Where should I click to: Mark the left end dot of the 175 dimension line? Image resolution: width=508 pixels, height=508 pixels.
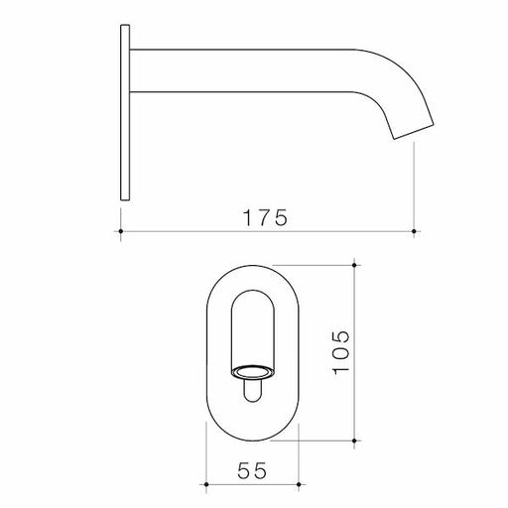(x=120, y=231)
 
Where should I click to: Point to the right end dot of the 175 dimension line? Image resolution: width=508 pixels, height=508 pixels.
(x=414, y=231)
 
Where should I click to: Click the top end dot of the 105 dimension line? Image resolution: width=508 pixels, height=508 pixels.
(x=354, y=265)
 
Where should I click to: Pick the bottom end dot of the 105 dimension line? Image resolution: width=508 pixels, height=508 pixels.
(x=354, y=439)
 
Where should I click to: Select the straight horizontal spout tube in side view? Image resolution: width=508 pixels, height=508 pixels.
(x=248, y=69)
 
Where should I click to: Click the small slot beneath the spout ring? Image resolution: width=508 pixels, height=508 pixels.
(x=252, y=395)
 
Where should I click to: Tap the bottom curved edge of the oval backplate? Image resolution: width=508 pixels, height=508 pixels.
(x=252, y=438)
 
